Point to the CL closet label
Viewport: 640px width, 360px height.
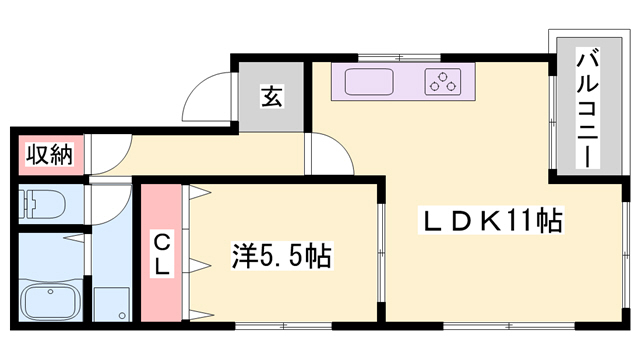161,253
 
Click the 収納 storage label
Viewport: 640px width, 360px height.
47,156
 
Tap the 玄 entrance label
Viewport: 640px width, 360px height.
271,97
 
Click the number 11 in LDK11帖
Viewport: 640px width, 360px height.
524,221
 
